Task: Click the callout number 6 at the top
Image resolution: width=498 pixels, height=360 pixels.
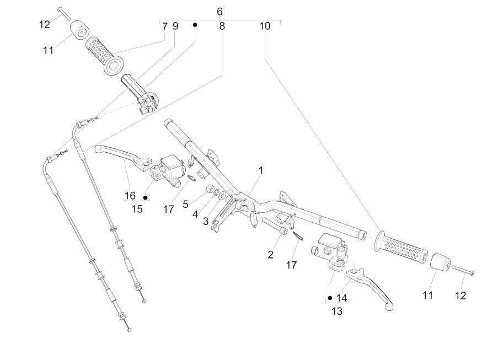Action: tap(219, 12)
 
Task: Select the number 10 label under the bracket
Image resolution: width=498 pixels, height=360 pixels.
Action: tap(265, 26)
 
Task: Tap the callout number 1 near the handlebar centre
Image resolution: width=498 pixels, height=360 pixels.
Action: tap(261, 170)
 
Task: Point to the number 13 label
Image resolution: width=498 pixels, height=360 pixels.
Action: tap(337, 311)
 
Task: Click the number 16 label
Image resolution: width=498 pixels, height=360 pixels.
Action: tap(130, 196)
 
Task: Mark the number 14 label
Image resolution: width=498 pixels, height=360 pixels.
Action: tap(341, 298)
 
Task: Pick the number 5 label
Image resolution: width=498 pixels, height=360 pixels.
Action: tap(186, 205)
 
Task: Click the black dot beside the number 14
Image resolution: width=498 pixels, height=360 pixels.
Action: tap(330, 298)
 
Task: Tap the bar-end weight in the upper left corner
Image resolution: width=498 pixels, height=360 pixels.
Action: tap(80, 31)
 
